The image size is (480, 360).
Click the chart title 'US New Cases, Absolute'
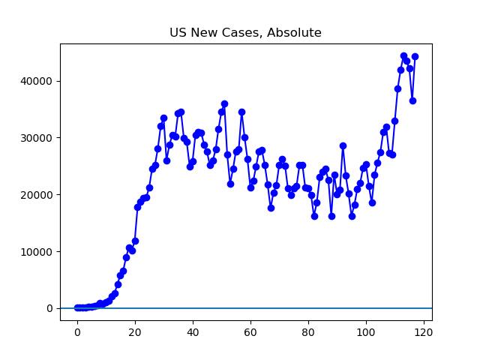(246, 33)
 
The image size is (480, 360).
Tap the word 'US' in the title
(178, 33)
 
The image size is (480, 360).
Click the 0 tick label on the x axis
(77, 332)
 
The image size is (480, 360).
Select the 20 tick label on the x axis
(135, 332)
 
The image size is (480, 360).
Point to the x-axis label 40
(193, 332)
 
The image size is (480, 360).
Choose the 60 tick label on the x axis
(250, 332)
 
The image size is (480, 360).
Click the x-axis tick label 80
(308, 332)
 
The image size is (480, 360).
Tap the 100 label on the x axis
(366, 332)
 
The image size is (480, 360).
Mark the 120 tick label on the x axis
(424, 332)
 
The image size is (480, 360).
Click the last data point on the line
(415, 56)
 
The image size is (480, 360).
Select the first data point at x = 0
(77, 307)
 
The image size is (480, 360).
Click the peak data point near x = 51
(224, 104)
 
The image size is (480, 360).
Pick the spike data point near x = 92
(343, 145)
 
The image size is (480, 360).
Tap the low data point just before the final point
(412, 100)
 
